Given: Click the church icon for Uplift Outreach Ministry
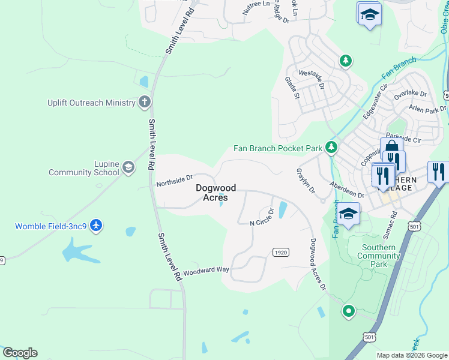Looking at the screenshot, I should pyautogui.click(x=144, y=102).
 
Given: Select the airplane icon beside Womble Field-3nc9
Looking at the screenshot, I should pyautogui.click(x=97, y=226).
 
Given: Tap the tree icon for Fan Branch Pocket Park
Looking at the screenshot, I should pyautogui.click(x=331, y=148).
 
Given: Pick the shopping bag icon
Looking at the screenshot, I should pyautogui.click(x=391, y=148).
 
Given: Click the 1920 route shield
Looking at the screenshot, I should pyautogui.click(x=280, y=252).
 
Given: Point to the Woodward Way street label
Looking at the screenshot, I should pyautogui.click(x=206, y=270).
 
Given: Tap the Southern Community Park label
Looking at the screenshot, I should pyautogui.click(x=379, y=256).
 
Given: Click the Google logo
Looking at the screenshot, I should pyautogui.click(x=20, y=353).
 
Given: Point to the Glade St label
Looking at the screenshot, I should pyautogui.click(x=292, y=88).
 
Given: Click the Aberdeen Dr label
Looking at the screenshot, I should pyautogui.click(x=346, y=191).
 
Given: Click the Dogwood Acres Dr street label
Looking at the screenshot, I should pyautogui.click(x=318, y=265).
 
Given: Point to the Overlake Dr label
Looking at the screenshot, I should pyautogui.click(x=410, y=94).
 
